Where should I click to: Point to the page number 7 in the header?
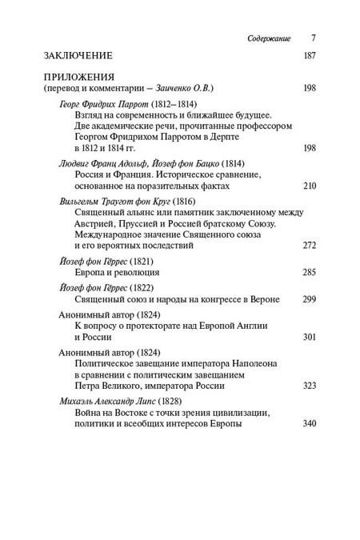pos(291,38)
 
